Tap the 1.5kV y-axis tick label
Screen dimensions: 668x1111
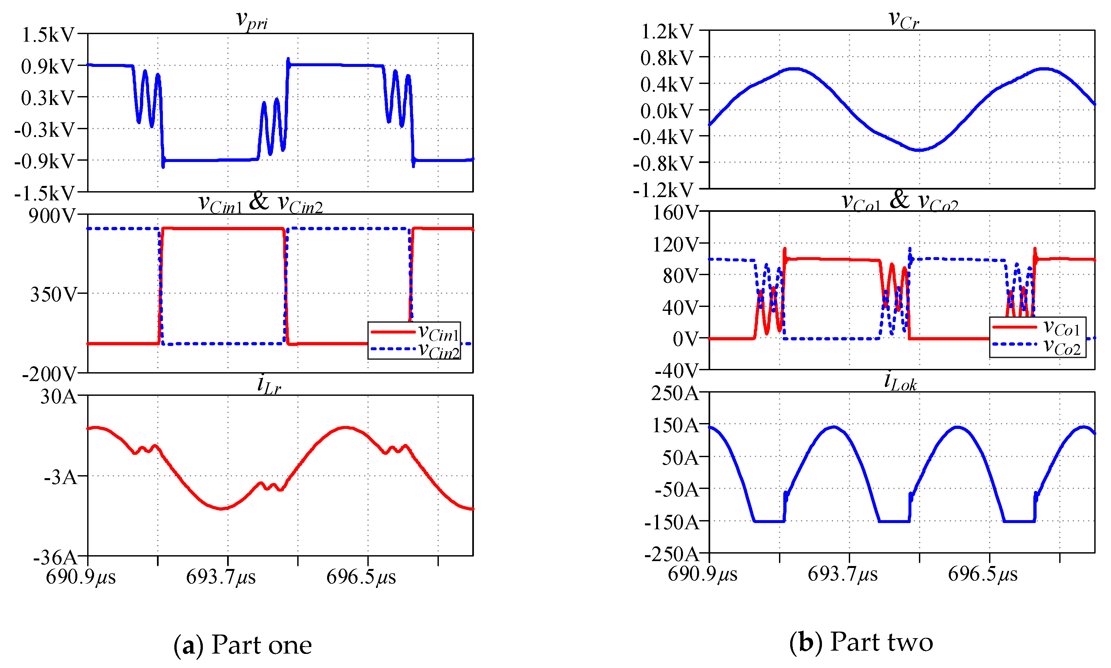click(48, 35)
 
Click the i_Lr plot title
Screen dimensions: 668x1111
click(269, 385)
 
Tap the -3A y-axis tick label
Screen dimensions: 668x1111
click(61, 476)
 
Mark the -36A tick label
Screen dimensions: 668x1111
click(55, 557)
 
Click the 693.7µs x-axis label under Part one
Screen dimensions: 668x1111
click(221, 577)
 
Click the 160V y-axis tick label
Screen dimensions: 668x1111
click(675, 213)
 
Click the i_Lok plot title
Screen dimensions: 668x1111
click(900, 383)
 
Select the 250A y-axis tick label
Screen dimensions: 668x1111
click(675, 394)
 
